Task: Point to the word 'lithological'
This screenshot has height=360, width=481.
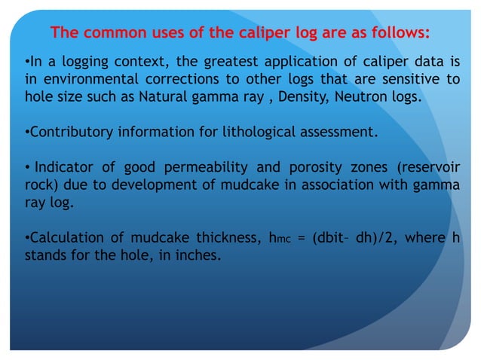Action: tap(256, 133)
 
